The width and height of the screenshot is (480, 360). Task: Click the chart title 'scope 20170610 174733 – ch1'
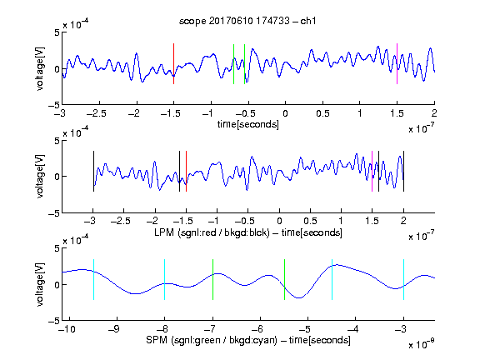[247, 21]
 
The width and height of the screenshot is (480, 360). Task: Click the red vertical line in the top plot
[173, 63]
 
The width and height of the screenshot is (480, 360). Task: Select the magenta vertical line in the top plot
[397, 63]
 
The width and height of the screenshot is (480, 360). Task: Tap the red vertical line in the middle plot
[186, 171]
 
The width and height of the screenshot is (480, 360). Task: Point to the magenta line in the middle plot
[372, 171]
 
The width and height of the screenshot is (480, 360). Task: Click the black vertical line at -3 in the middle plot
[93, 171]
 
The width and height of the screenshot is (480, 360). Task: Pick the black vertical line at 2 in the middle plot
[404, 171]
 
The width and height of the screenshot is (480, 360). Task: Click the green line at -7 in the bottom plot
[212, 279]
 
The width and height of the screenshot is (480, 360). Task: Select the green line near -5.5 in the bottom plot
[284, 279]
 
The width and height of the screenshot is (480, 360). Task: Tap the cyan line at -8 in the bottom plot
[165, 279]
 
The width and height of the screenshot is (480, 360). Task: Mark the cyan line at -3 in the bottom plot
[404, 279]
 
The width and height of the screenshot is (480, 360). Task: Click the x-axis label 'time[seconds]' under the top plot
[248, 125]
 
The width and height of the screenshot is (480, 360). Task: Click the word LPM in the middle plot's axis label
[164, 232]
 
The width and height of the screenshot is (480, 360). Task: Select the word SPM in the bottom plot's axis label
[157, 340]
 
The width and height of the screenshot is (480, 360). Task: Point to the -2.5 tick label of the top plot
[96, 113]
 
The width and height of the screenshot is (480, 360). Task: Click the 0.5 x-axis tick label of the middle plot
[310, 221]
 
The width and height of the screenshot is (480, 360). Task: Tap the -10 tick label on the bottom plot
[67, 329]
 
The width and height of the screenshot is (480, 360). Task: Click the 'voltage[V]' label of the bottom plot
[40, 284]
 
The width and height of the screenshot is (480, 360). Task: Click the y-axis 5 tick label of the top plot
[57, 32]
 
